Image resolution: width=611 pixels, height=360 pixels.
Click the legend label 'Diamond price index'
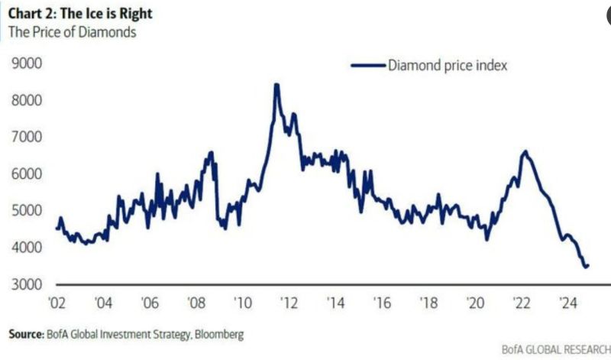pos(448,65)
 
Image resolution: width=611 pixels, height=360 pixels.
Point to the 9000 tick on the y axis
pos(27,64)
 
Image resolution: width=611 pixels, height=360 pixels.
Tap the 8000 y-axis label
pos(27,101)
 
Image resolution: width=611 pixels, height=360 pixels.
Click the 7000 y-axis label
pos(27,138)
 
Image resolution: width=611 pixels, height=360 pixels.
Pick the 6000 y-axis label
pos(27,174)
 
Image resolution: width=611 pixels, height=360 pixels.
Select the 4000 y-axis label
pos(27,248)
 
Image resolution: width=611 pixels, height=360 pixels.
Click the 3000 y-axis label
pos(27,284)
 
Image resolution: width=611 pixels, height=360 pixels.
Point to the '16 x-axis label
pos(383,302)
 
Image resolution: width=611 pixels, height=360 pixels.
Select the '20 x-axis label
pos(475,302)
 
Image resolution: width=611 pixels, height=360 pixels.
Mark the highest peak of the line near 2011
pos(276,85)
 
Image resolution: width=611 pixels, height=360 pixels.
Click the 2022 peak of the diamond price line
pos(525,151)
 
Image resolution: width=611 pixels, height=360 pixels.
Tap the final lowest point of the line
pos(586,267)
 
